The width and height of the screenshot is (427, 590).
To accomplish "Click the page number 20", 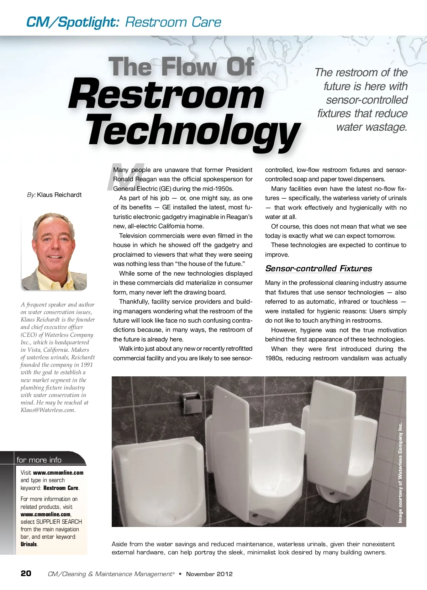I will pos(26,573).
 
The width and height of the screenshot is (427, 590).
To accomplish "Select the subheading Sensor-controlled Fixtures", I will pos(318,268).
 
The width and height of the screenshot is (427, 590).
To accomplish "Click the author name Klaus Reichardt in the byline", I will pos(59,195).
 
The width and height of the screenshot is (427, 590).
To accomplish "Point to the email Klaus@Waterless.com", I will pos(48,410).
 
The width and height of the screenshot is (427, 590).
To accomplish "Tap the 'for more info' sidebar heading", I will pos(39,460).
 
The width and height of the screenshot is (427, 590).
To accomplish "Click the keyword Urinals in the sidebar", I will pos(29,544).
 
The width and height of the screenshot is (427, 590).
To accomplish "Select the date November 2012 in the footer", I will pos(209,574).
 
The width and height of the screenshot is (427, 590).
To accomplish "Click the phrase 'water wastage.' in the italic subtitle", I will pos(371,127).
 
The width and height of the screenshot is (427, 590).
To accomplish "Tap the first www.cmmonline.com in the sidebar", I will pos(58,473).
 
